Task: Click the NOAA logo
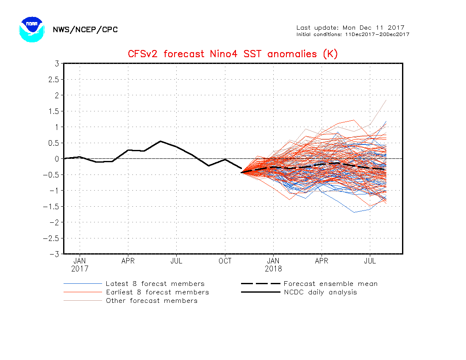(32, 29)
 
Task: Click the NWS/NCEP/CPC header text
(85, 30)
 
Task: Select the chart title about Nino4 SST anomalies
(233, 54)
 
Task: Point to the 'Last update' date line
(350, 28)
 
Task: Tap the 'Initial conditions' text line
(353, 34)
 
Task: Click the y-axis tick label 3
(57, 64)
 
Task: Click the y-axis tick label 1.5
(54, 111)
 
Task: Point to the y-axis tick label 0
(57, 159)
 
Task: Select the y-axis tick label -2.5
(51, 238)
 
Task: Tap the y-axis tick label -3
(54, 254)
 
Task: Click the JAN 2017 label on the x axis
(80, 265)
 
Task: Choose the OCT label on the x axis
(225, 261)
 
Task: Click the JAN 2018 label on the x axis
(273, 265)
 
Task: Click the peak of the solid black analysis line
(161, 141)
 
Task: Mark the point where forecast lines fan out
(241, 172)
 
